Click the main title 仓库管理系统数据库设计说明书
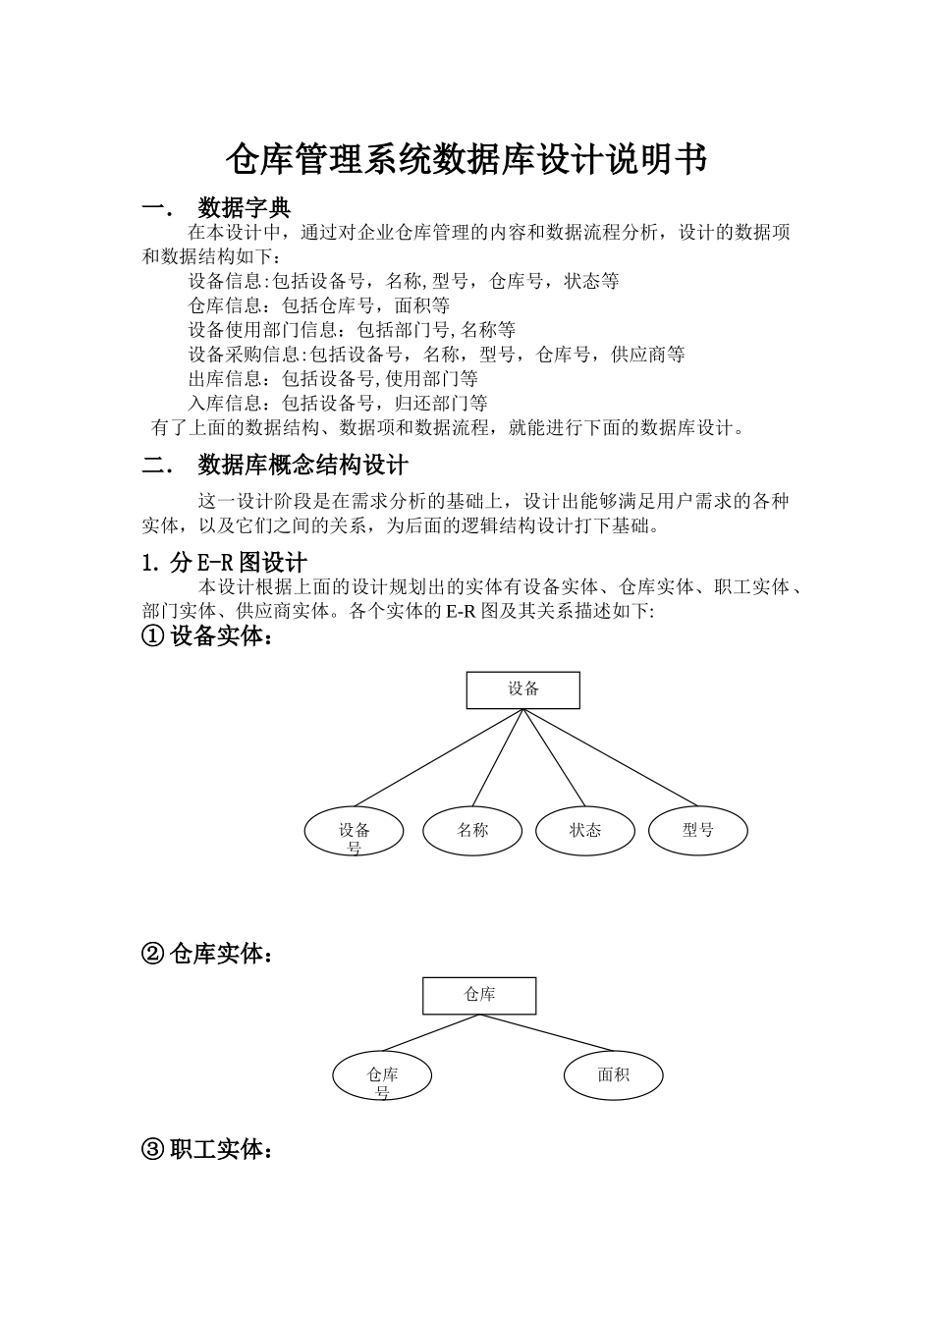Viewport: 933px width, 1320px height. [466, 158]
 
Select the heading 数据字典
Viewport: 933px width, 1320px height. [244, 208]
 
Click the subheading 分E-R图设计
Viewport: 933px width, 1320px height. [239, 562]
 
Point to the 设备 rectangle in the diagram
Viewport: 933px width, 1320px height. [522, 689]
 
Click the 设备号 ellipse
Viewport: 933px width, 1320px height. [355, 832]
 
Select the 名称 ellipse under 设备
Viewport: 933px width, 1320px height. [472, 831]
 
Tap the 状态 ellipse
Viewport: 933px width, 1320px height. [585, 831]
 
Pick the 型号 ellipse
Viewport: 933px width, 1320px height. [698, 831]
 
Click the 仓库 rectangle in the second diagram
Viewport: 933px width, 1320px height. [479, 995]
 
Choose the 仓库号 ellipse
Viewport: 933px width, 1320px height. [382, 1076]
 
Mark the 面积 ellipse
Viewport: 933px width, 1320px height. [613, 1075]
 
